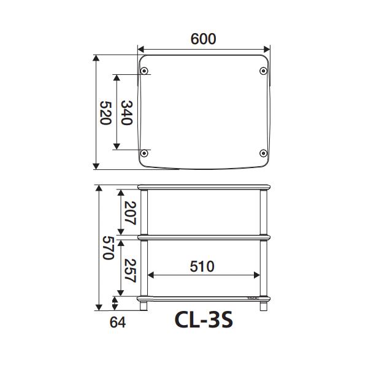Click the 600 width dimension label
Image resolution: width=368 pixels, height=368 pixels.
[203, 39]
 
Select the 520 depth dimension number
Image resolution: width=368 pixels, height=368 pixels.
[105, 113]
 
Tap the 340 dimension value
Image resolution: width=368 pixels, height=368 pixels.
[127, 113]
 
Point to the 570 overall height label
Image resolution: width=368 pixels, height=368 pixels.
[109, 248]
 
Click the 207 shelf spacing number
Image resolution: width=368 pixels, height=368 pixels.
[130, 213]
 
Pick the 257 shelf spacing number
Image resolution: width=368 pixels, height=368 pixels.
[130, 270]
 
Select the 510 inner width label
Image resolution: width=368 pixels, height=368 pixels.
[202, 267]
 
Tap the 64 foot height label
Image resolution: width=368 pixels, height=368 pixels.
[118, 322]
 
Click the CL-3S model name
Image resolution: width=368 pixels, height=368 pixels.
[204, 320]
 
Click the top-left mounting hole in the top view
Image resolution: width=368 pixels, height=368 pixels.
[144, 71]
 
